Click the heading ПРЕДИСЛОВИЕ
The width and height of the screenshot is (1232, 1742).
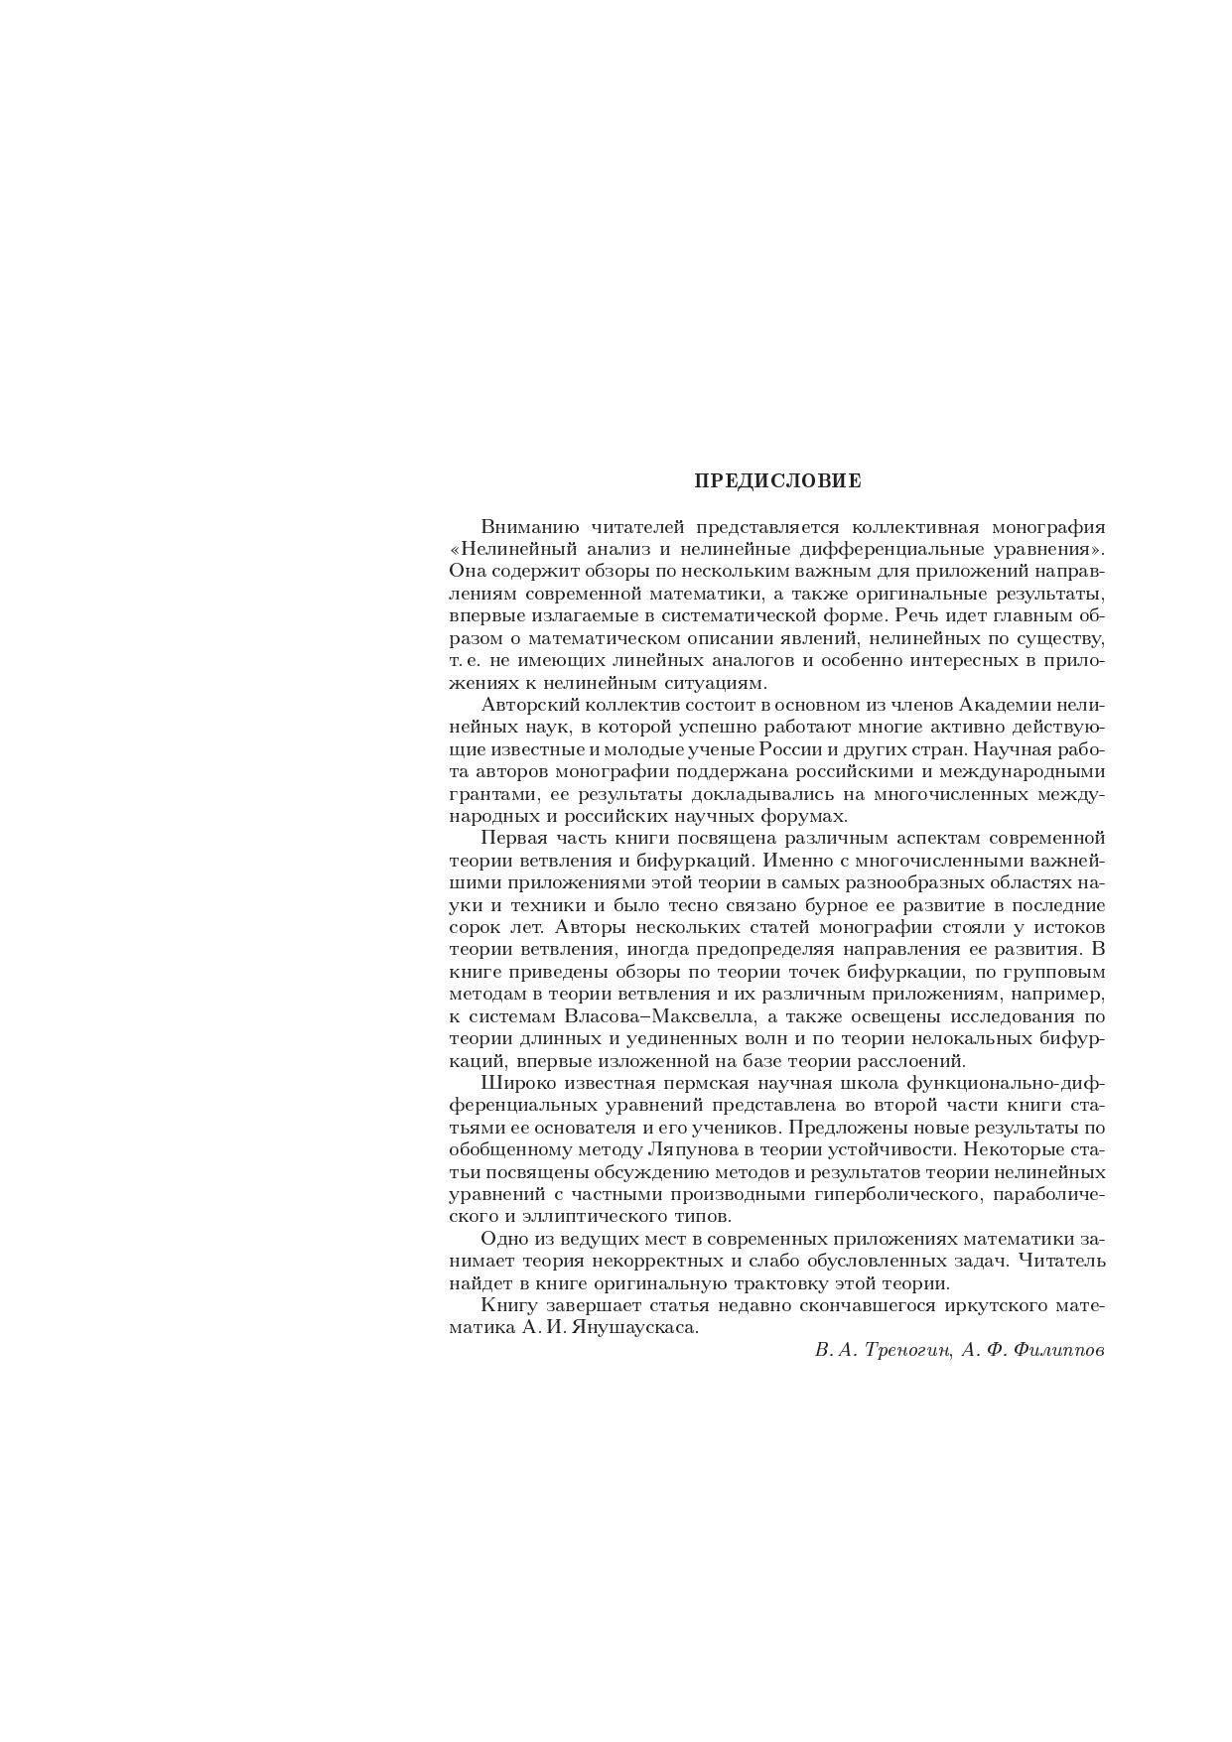point(777,481)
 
